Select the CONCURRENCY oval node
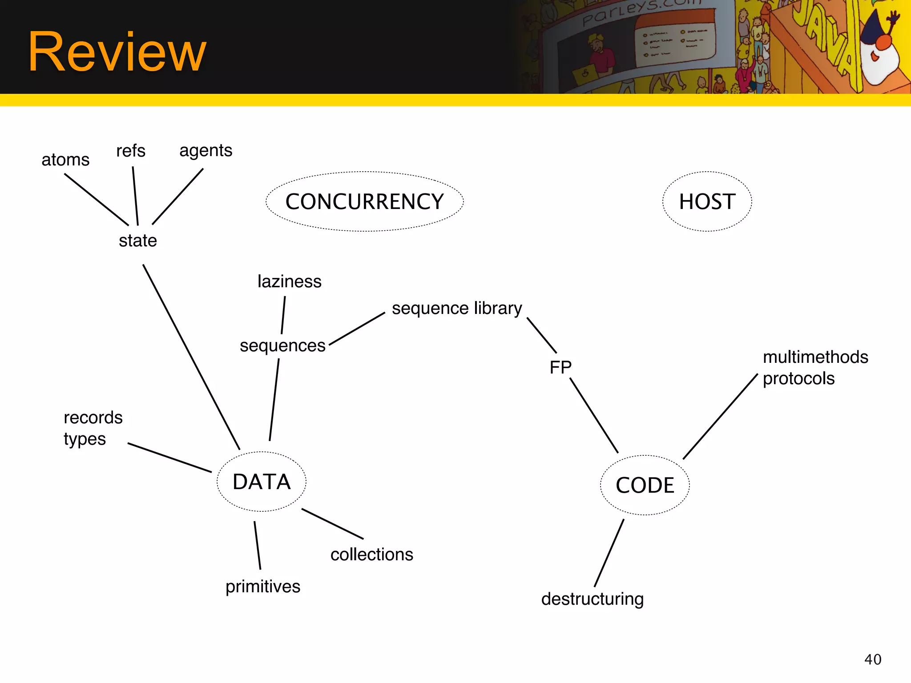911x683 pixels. click(364, 201)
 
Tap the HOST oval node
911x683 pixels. click(707, 201)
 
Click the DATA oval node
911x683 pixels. click(262, 482)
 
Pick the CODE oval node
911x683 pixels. click(645, 485)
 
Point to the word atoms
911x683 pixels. click(65, 160)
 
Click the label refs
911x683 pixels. click(131, 151)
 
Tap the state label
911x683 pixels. click(138, 241)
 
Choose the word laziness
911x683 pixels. click(289, 281)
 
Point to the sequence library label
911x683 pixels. click(457, 308)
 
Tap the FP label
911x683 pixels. click(560, 367)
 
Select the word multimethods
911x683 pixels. click(815, 357)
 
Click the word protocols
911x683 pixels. click(798, 378)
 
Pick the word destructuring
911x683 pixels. click(593, 599)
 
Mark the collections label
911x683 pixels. click(372, 554)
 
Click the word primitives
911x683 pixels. click(263, 587)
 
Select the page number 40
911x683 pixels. click(873, 659)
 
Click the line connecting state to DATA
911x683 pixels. click(191, 357)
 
